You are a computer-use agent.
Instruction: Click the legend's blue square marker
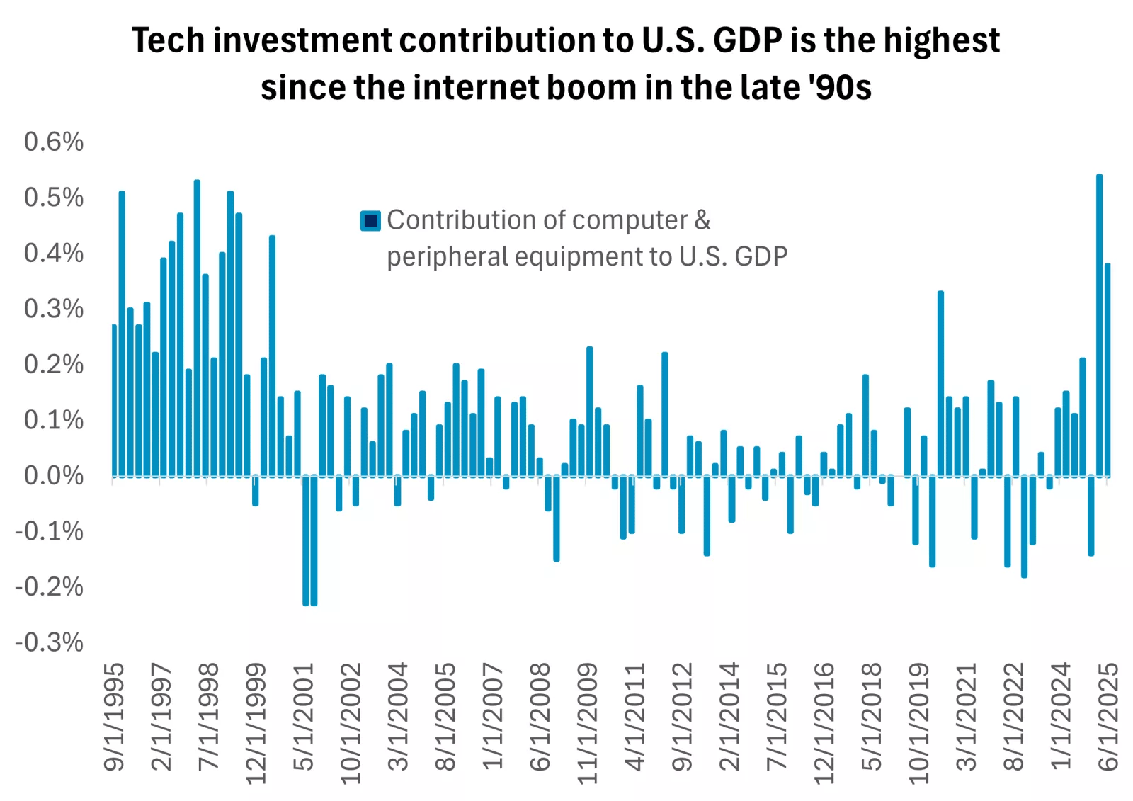click(x=370, y=221)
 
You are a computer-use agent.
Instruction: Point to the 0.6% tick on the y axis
click(x=54, y=142)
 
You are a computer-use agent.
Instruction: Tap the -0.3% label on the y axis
click(x=50, y=642)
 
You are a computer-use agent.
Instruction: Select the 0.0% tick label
click(x=54, y=476)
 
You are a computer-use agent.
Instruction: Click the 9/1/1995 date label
click(x=114, y=717)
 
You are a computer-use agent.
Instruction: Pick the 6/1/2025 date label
click(x=1108, y=717)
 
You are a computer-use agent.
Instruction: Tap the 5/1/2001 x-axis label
click(x=303, y=717)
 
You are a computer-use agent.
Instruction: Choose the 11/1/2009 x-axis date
click(x=587, y=722)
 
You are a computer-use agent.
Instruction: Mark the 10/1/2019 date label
click(x=918, y=722)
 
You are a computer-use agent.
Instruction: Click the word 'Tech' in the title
click(x=168, y=40)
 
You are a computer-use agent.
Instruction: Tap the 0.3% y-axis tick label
click(x=54, y=309)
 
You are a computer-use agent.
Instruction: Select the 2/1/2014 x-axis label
click(x=729, y=717)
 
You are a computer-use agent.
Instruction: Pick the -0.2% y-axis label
click(x=50, y=587)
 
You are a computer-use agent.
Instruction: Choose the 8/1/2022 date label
click(x=1013, y=717)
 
